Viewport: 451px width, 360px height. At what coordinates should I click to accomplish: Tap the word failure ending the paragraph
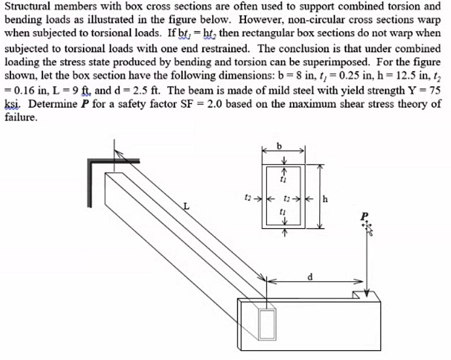pyautogui.click(x=20, y=118)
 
